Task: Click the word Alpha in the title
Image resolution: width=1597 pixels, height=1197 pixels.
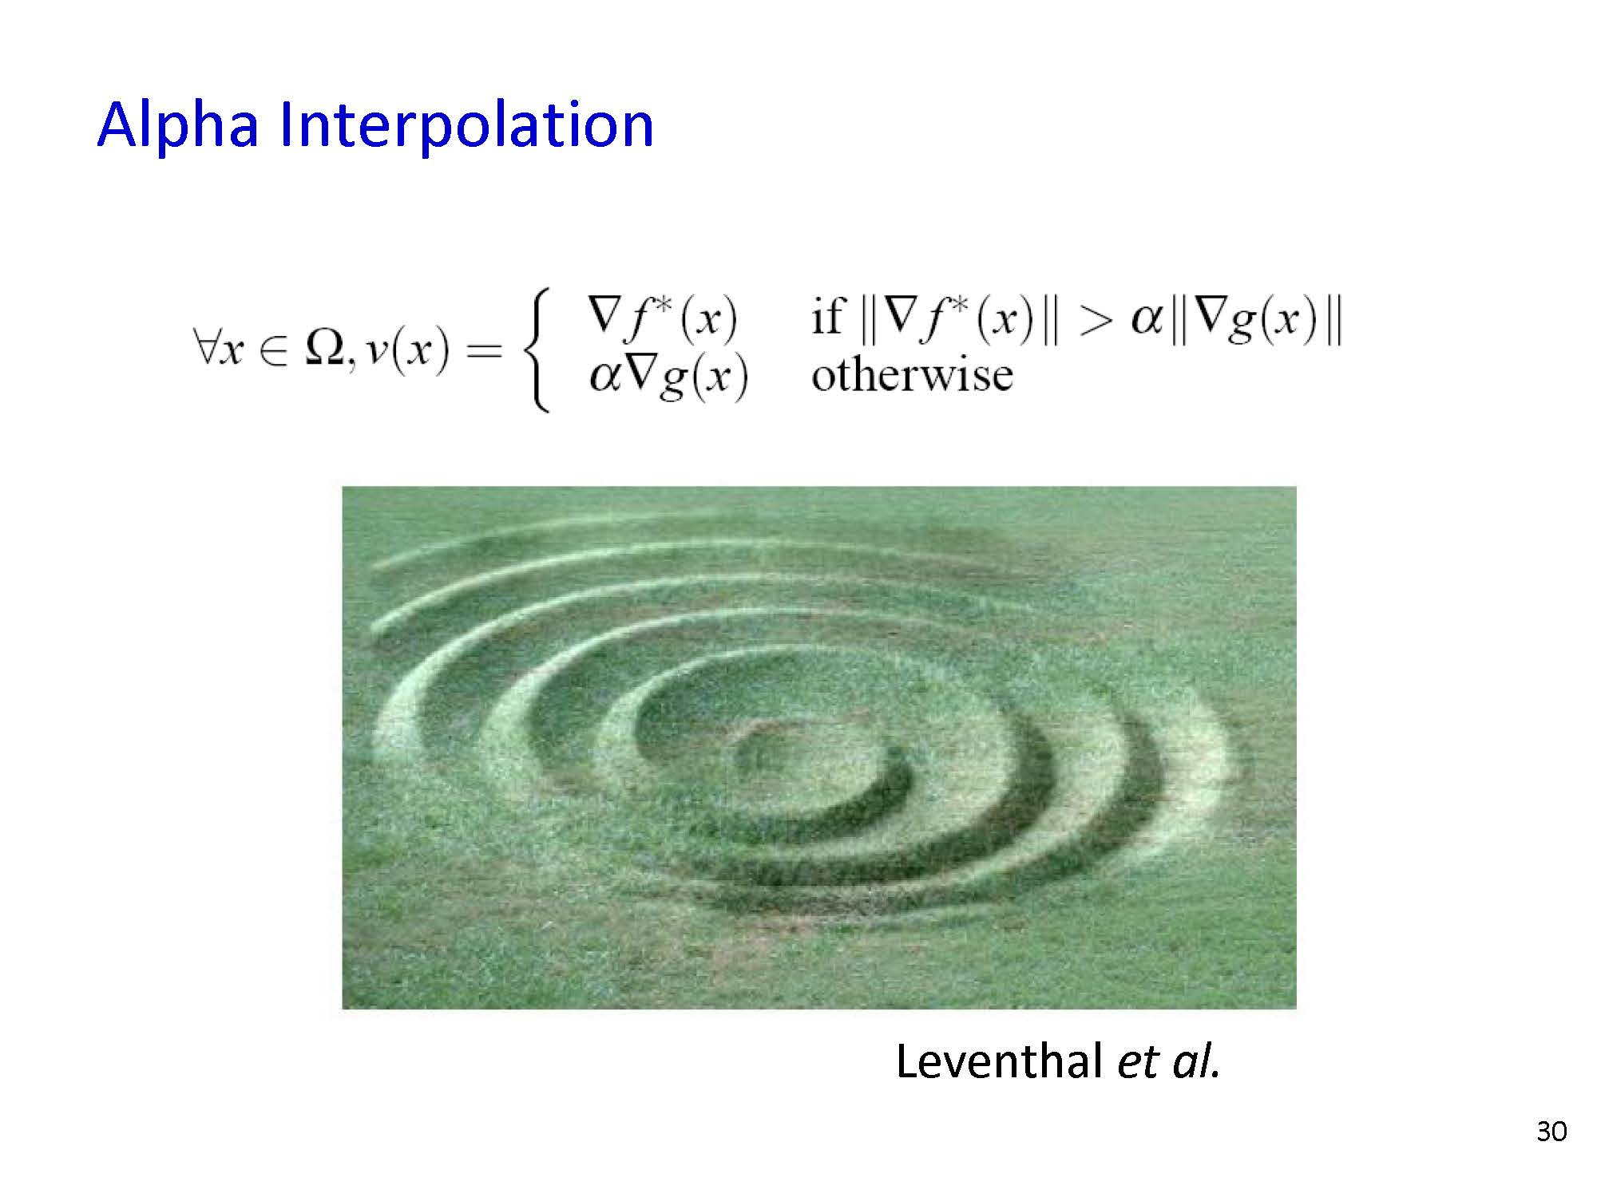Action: (177, 125)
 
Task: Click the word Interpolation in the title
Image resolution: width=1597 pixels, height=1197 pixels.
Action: (467, 125)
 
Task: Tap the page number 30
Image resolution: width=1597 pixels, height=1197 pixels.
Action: (1551, 1132)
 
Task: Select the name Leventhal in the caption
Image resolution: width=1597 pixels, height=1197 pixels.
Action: (998, 1062)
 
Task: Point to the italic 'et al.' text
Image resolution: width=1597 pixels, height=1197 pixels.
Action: (1170, 1062)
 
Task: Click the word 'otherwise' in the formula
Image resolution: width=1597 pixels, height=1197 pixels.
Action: (912, 374)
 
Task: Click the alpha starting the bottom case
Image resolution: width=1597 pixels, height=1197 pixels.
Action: (604, 376)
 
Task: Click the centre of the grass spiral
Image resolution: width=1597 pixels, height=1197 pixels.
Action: (779, 750)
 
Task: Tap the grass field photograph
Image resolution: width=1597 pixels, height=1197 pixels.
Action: (819, 748)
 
